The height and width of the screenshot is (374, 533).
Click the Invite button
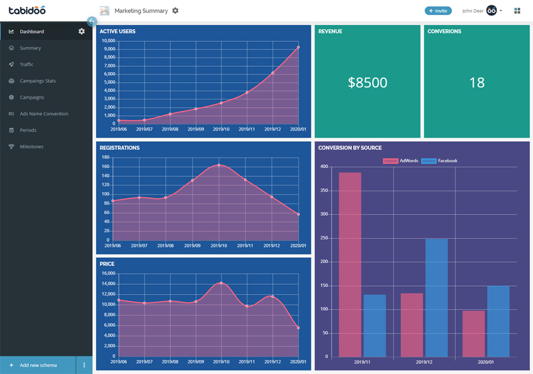tap(438, 11)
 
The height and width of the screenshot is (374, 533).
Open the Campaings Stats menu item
tap(38, 81)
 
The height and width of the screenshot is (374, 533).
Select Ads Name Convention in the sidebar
tap(43, 114)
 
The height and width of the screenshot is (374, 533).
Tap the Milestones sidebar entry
tap(32, 147)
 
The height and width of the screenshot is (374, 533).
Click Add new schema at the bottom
tap(38, 365)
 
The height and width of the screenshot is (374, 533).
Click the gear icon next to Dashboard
tap(82, 32)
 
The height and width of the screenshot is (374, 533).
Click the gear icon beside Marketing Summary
tap(175, 11)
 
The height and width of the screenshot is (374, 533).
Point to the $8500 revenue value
tap(367, 83)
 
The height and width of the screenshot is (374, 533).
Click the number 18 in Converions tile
tap(476, 83)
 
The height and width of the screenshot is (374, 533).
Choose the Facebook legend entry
tap(440, 161)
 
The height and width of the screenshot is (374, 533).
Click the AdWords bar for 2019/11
tap(350, 264)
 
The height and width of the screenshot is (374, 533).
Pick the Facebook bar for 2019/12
tap(437, 298)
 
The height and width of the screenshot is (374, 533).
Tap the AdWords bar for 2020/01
tap(473, 334)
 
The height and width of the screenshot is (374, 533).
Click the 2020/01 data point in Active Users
tap(298, 47)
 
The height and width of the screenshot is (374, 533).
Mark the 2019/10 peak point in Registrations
tap(219, 165)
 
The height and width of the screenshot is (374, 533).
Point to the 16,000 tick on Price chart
tap(108, 274)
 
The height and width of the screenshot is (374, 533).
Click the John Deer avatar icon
tap(491, 11)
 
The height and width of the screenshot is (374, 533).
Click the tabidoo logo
tap(27, 10)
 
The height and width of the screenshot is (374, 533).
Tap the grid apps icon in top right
tap(517, 11)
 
